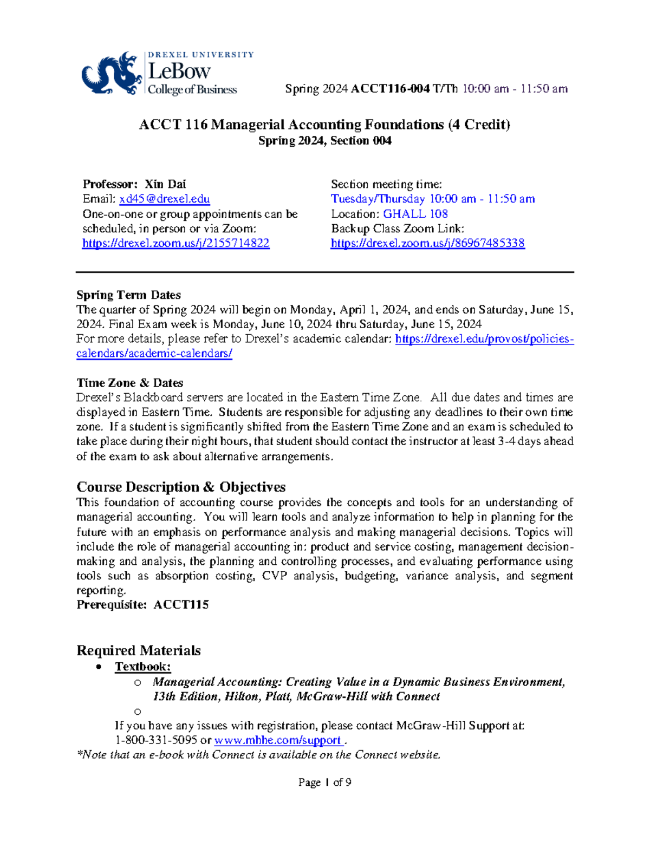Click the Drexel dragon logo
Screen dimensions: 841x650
point(111,74)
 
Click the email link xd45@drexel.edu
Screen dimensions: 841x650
point(164,199)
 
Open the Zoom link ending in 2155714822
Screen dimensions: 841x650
point(175,243)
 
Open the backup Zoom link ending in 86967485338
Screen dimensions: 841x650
point(427,243)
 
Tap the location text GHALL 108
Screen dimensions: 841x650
point(415,214)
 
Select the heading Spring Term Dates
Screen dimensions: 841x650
point(128,295)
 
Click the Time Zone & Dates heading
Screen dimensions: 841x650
point(129,383)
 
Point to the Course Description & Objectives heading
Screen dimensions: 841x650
point(181,487)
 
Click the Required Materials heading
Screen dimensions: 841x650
point(139,650)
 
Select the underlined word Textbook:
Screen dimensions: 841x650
point(142,667)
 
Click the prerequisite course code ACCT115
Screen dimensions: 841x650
point(181,605)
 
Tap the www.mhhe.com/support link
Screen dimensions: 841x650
point(278,740)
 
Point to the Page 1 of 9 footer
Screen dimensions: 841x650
point(324,783)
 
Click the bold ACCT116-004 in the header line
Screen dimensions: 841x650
point(390,89)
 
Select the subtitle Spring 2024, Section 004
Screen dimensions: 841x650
point(324,141)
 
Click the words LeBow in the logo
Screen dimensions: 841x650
point(179,71)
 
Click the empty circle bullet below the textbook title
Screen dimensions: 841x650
point(138,712)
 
